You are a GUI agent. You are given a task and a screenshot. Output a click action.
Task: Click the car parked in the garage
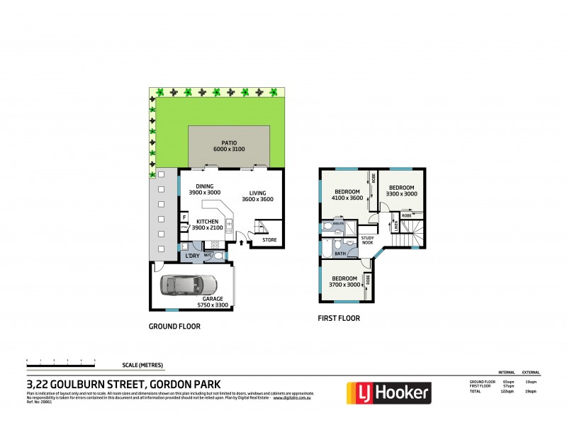tap(189, 285)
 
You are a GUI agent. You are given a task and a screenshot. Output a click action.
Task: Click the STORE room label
tap(269, 239)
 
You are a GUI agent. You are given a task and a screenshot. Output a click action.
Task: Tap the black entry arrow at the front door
tap(243, 243)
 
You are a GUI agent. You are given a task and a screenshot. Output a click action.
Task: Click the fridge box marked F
tap(184, 217)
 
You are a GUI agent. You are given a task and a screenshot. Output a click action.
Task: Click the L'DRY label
tap(191, 255)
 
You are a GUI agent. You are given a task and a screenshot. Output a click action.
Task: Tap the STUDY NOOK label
tap(367, 241)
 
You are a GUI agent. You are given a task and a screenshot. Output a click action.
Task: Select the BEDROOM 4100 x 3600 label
tap(347, 195)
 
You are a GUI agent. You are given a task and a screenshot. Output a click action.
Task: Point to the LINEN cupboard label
tap(395, 226)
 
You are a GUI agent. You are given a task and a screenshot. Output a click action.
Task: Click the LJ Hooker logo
tap(388, 392)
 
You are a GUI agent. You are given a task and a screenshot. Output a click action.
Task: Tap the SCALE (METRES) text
tap(142, 365)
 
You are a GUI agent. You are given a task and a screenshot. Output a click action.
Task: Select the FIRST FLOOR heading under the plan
tap(339, 318)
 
